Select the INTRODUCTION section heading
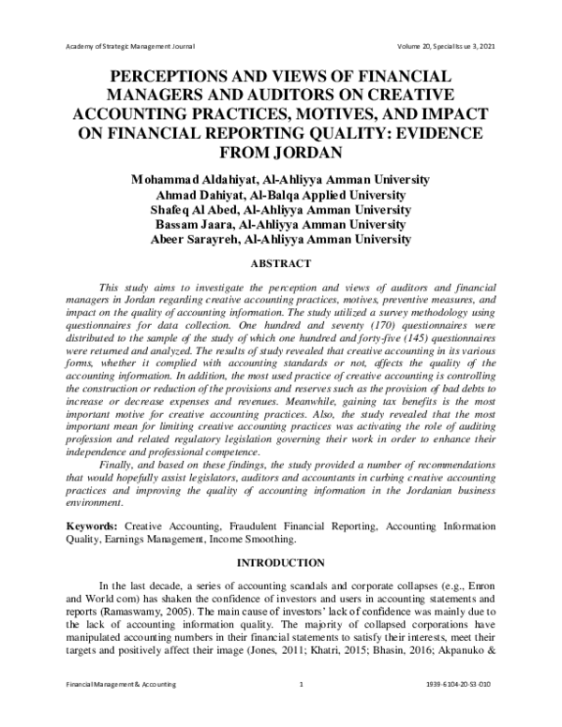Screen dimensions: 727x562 tap(281, 563)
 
